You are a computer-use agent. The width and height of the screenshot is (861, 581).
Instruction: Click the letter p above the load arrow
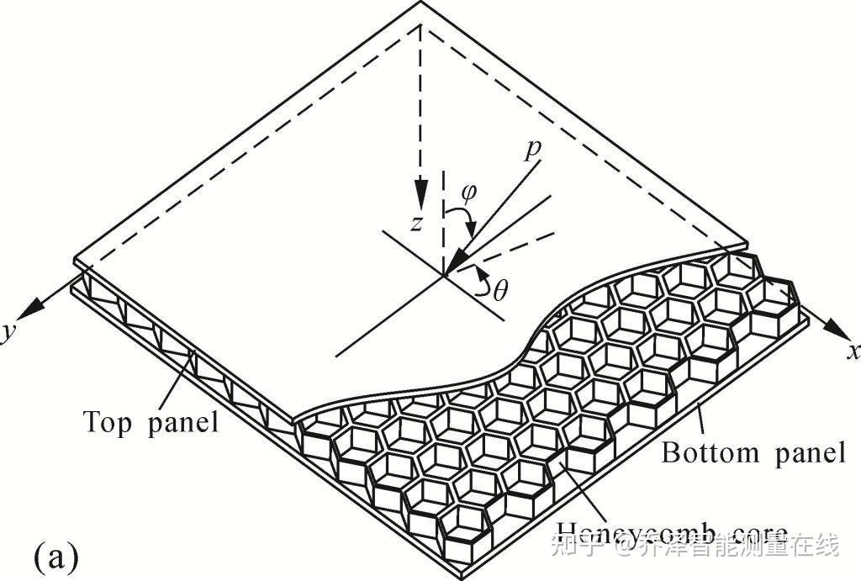531,151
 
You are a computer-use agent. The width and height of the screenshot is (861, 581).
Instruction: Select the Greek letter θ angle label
500,292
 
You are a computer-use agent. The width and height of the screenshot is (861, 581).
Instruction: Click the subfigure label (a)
56,556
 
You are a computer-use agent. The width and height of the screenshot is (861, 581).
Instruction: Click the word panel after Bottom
806,454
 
